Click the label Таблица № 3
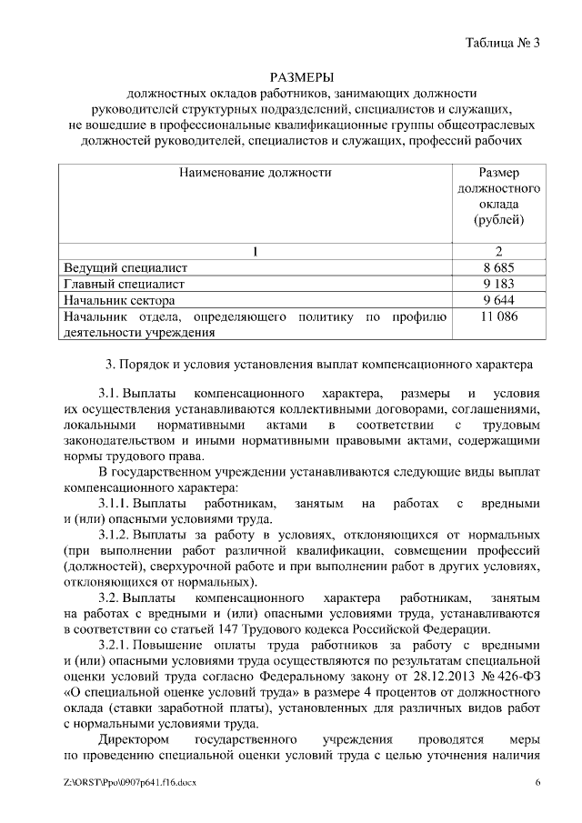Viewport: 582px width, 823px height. (502, 43)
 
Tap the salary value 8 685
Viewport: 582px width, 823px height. (500, 267)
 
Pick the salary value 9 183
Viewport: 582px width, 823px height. (500, 284)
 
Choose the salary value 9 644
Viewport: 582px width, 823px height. (500, 300)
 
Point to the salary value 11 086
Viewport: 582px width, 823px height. (500, 316)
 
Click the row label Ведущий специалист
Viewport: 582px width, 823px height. (125, 267)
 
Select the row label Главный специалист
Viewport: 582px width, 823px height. (123, 284)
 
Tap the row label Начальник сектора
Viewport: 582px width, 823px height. (118, 300)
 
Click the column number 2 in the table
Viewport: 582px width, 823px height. (499, 251)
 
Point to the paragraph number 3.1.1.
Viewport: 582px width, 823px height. (118, 503)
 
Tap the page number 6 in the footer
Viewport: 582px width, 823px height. (537, 782)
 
